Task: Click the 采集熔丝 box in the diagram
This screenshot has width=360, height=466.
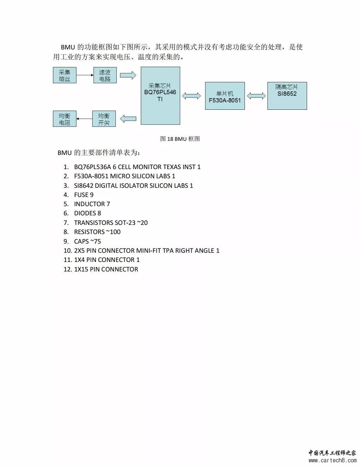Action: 65,75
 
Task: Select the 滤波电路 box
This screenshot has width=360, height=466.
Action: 105,75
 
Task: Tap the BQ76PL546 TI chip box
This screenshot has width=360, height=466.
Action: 160,96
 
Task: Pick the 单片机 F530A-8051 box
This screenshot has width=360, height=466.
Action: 225,96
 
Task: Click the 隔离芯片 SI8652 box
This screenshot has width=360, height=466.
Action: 287,96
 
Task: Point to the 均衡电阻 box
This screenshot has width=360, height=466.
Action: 65,119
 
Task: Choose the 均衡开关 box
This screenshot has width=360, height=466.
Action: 104,119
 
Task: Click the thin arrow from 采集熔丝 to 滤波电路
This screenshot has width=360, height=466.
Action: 85,75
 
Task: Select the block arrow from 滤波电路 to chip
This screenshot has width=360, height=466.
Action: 128,75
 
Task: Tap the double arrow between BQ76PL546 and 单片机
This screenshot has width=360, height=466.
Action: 191,96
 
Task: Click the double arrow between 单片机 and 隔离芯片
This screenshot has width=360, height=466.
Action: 256,96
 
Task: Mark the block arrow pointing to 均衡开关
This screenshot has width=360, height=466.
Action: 128,119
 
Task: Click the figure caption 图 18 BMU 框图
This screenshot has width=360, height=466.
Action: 180,139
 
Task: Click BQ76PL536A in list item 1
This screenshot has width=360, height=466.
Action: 92,167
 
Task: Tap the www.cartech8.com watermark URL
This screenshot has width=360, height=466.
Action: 332,460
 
